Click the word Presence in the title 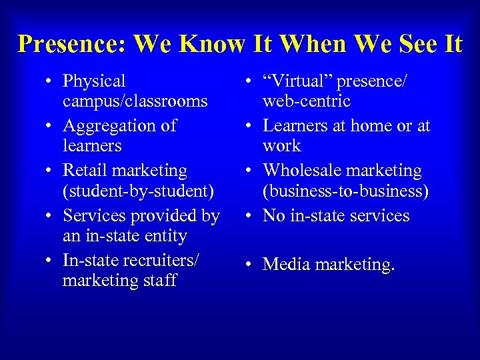(x=69, y=44)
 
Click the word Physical (x=94, y=82)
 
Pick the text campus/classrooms (x=135, y=102)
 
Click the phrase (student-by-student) (x=138, y=191)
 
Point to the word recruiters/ (x=153, y=259)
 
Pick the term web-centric (x=307, y=101)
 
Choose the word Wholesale (x=301, y=171)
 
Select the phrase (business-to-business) (x=345, y=191)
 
